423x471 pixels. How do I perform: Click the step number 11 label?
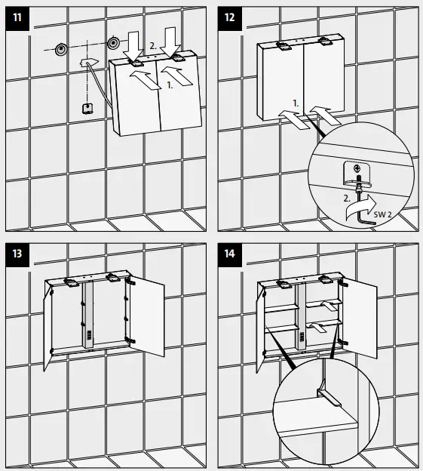tap(17, 17)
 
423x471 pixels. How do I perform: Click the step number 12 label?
tap(229, 17)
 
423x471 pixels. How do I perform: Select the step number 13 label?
tap(17, 254)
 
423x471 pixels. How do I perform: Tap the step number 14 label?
tap(229, 254)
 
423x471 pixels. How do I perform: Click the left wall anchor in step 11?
tap(61, 49)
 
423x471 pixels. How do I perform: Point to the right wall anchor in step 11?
tap(113, 43)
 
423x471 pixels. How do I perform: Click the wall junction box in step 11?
tap(87, 109)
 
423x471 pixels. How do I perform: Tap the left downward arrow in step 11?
tap(134, 45)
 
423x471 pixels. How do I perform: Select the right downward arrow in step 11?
tap(170, 41)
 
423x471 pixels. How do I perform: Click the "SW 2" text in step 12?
tap(382, 214)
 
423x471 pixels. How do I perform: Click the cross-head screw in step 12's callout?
tap(357, 168)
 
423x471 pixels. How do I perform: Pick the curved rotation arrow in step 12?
tap(361, 208)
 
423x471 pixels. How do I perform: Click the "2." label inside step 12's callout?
tap(347, 199)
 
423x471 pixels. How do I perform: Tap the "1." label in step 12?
tap(296, 103)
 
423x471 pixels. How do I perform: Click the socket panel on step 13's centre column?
tap(89, 335)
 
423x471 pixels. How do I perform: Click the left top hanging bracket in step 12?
tap(284, 46)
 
